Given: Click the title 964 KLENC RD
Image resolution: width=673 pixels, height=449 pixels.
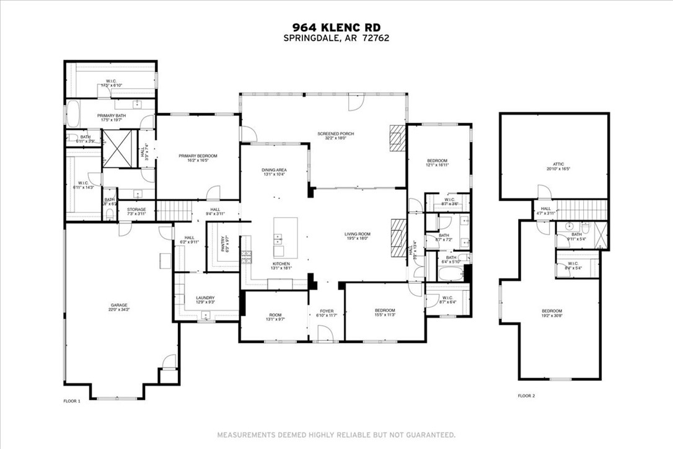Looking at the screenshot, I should [x=336, y=27].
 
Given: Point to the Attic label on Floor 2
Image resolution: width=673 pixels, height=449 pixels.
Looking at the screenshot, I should [x=553, y=166].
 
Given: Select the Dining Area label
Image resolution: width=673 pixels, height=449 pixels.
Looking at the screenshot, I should [x=273, y=172].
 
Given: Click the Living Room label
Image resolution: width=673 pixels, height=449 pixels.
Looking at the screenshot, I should [x=358, y=236].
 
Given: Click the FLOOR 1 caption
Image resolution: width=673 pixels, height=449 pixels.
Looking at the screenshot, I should [x=72, y=401].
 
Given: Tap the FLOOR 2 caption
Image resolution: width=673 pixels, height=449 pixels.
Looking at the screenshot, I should [x=526, y=395].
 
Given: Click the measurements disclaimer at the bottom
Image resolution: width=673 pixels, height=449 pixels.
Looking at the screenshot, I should [x=336, y=434].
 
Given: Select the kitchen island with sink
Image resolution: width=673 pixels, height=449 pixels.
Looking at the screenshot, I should [x=285, y=238].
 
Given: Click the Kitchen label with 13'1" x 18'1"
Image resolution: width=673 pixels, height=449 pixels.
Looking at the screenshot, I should [x=281, y=266].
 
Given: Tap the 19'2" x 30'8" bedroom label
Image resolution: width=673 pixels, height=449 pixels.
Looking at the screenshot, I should [x=552, y=313].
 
